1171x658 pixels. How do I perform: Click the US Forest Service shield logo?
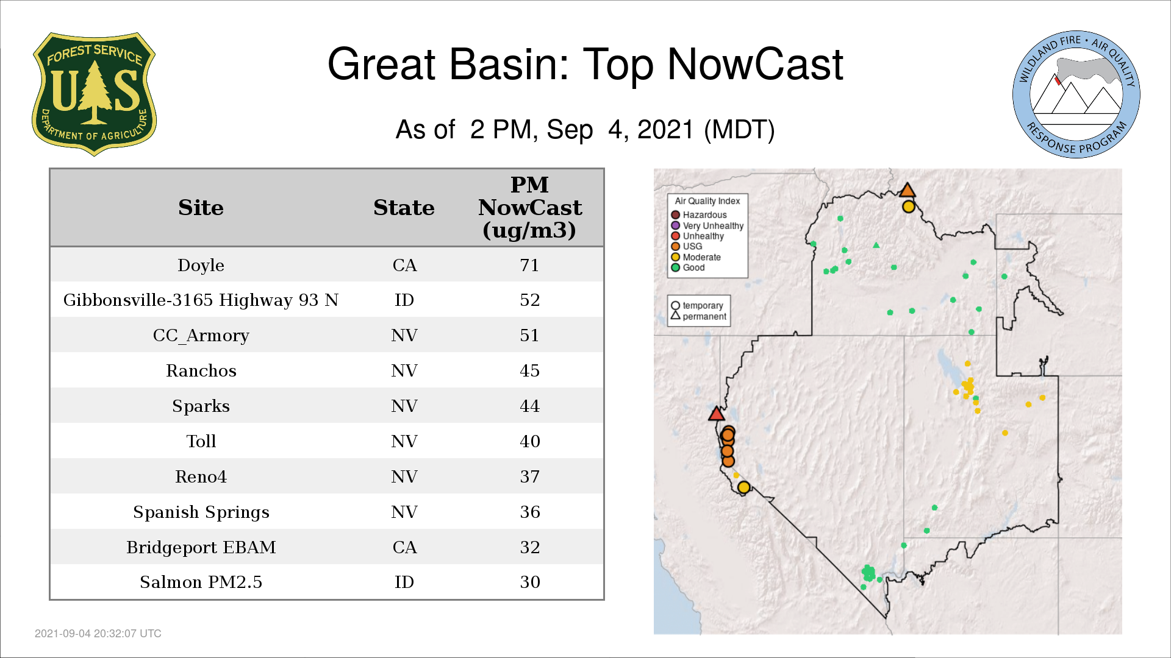(x=94, y=94)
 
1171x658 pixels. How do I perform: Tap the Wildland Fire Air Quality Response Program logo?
(x=1076, y=94)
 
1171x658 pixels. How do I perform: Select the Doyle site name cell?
(x=201, y=265)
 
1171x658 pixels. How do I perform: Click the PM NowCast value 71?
(x=529, y=265)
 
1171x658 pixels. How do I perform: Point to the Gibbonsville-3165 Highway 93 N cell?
(x=201, y=300)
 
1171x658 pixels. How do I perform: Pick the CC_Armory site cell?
(x=201, y=335)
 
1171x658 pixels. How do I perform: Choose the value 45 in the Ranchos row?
(x=529, y=370)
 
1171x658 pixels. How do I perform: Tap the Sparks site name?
(x=201, y=406)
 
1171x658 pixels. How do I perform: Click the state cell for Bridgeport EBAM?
(x=404, y=547)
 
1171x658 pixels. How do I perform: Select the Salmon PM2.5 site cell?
(x=201, y=582)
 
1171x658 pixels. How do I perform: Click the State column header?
(x=404, y=208)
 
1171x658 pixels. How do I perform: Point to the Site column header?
(x=201, y=208)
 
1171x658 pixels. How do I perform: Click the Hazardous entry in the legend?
(x=699, y=214)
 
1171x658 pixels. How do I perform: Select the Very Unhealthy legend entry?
(x=707, y=225)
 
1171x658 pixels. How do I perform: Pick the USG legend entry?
(x=687, y=246)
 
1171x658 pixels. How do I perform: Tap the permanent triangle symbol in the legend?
(x=675, y=315)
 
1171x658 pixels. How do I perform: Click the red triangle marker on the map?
(x=717, y=414)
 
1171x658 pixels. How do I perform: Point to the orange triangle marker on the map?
(x=908, y=190)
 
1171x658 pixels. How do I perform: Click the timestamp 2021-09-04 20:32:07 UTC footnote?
(x=98, y=634)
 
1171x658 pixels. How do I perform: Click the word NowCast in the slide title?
(x=755, y=64)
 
